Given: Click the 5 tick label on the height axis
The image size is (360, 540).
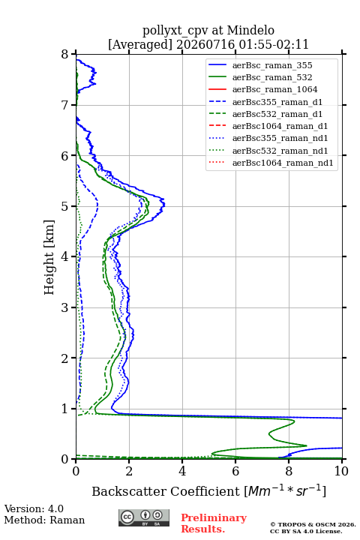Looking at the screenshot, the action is point(65,206).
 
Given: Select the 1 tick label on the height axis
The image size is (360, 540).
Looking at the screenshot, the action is point(65,409).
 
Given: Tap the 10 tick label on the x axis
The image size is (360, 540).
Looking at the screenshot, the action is point(341,471).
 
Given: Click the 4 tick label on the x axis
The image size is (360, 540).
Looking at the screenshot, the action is point(182,471).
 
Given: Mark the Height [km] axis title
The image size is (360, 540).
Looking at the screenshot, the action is point(49,257).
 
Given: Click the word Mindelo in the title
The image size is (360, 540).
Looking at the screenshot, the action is point(250,30).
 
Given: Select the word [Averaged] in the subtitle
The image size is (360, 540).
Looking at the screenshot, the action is point(139,44).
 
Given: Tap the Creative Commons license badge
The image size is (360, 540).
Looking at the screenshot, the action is point(144,517).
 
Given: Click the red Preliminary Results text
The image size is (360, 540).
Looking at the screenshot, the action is point(214,523).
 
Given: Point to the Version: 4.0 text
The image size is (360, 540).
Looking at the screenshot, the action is point(34,508).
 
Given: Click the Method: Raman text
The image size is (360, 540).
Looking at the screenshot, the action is point(44,520).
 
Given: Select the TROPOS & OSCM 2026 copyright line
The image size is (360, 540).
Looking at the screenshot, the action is point(313,524).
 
